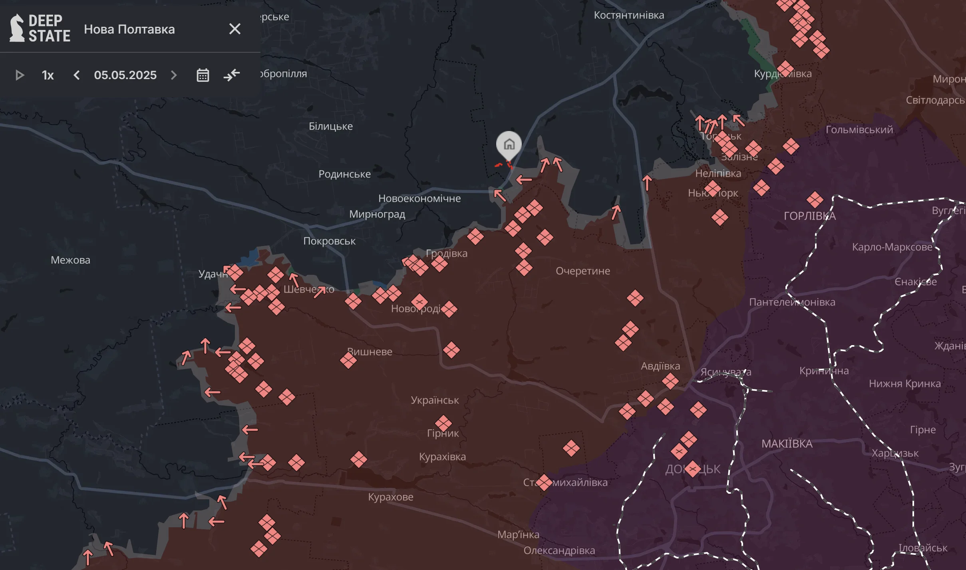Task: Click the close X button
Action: (235, 29)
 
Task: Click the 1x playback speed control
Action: (48, 75)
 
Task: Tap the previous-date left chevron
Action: (77, 75)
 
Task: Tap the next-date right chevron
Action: (174, 75)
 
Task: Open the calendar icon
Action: (203, 75)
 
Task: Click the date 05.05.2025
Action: (125, 75)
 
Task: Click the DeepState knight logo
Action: (17, 28)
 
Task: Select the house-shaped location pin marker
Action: (509, 144)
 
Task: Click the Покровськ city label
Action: (329, 241)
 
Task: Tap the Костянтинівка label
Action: (629, 15)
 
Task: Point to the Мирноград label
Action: (377, 214)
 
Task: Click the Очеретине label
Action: (583, 271)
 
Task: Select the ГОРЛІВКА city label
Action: (809, 216)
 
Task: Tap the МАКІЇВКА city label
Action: (787, 444)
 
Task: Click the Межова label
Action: (70, 260)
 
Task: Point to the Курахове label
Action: (390, 497)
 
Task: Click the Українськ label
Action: (435, 400)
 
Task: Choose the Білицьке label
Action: (330, 126)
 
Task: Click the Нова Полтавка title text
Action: (129, 29)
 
